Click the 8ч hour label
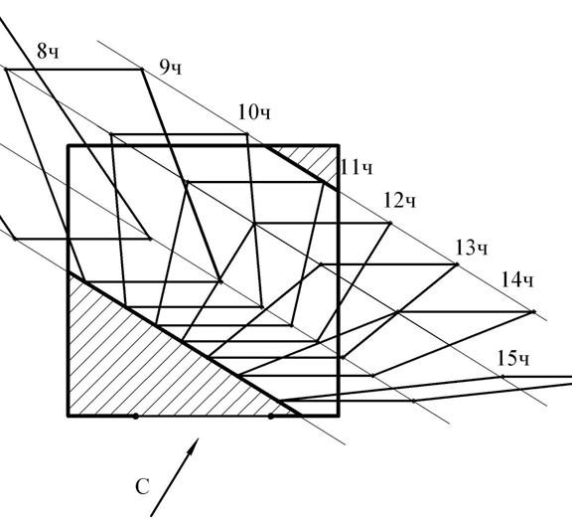coord(48,51)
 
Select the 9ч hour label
coord(170,68)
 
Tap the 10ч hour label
coord(254,112)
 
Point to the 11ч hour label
coord(357,168)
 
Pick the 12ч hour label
coord(399,201)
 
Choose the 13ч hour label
coord(472,248)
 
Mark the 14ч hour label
coord(517,280)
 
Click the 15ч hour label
coord(512,359)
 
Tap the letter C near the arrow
coord(142,486)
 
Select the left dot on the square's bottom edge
coord(135,416)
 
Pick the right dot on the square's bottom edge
coord(270,416)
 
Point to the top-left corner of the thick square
coord(69,146)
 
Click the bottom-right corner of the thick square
coord(339,416)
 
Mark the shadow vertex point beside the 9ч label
coord(142,69)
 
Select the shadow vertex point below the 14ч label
coord(533,311)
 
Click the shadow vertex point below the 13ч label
coord(457,264)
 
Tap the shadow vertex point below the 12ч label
coord(390,223)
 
